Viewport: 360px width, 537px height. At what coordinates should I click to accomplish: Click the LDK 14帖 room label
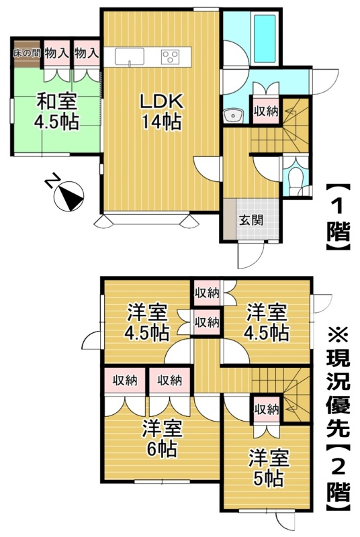tap(161, 111)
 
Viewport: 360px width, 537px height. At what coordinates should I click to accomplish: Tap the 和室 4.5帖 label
tap(56, 111)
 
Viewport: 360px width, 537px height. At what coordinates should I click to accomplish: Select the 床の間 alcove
tap(27, 54)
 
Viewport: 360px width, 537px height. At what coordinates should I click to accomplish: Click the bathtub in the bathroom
tap(264, 38)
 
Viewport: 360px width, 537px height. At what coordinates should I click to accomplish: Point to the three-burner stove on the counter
tap(170, 56)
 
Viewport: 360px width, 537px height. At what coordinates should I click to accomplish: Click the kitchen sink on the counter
tap(130, 56)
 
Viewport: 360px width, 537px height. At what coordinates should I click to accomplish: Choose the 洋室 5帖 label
tap(269, 468)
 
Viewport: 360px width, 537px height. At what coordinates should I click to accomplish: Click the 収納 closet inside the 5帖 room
tap(266, 409)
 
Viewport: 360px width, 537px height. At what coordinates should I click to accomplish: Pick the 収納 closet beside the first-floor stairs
tap(266, 111)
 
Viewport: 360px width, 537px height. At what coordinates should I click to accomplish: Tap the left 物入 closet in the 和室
tap(56, 54)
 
